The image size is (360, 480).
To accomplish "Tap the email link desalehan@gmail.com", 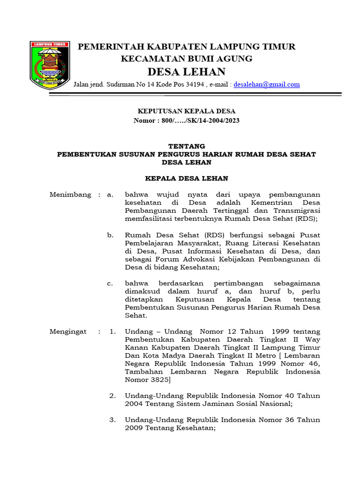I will [x=267, y=85].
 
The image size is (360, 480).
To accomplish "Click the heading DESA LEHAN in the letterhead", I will [x=186, y=72].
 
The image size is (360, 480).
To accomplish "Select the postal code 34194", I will [x=195, y=85].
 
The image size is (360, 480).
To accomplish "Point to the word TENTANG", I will [x=186, y=146].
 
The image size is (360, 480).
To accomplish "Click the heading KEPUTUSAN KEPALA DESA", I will [x=186, y=111].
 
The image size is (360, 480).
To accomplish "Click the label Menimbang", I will [x=70, y=195].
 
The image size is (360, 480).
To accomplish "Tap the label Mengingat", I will [x=68, y=331].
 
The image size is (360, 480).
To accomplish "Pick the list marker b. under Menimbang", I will [x=111, y=235].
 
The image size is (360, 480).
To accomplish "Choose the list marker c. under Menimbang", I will [x=111, y=283].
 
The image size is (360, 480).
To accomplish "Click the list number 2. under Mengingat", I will [x=112, y=396].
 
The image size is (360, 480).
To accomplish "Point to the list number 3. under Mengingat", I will [x=112, y=420].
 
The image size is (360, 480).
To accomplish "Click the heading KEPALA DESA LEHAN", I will [x=186, y=179].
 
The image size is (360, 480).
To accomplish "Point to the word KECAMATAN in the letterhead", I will [x=149, y=59].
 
